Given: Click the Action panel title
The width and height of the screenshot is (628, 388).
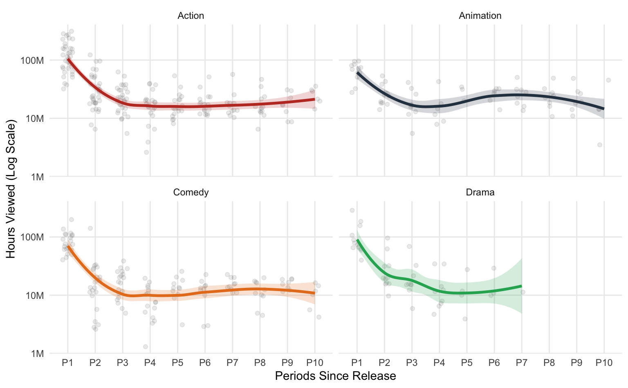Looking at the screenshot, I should [191, 16].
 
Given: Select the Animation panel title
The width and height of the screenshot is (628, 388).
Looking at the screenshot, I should [480, 16].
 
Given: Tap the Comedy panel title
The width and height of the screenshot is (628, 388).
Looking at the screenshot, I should [191, 193].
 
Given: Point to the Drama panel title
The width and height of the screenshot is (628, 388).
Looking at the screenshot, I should [480, 193].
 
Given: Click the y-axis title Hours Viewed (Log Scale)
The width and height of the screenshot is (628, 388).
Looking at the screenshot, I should [11, 189].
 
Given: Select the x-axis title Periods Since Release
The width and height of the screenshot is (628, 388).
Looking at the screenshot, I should [335, 376].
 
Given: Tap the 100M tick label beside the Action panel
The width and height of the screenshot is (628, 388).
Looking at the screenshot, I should [32, 61].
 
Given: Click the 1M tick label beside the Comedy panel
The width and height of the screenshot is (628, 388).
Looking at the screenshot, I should [37, 354].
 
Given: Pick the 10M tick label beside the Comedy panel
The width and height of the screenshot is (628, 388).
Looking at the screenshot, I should [34, 296].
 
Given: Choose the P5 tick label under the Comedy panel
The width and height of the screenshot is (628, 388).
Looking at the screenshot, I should [177, 363].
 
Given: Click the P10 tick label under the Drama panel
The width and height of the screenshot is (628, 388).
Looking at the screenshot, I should [604, 363].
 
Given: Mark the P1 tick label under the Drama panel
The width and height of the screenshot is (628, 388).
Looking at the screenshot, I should [357, 363].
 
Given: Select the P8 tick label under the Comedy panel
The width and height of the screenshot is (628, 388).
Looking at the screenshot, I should [260, 363].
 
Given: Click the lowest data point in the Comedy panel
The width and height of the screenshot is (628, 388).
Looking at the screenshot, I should [146, 347].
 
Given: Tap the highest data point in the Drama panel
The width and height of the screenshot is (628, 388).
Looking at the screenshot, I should [352, 210].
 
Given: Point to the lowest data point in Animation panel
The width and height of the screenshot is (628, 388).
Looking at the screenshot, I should [600, 145].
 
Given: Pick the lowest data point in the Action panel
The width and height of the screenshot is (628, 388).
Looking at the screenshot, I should [146, 153].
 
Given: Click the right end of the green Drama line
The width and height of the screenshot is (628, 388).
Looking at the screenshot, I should [522, 286].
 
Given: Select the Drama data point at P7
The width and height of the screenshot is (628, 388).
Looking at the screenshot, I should [523, 292].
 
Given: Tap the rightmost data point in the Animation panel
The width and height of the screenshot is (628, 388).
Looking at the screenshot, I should [608, 80].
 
